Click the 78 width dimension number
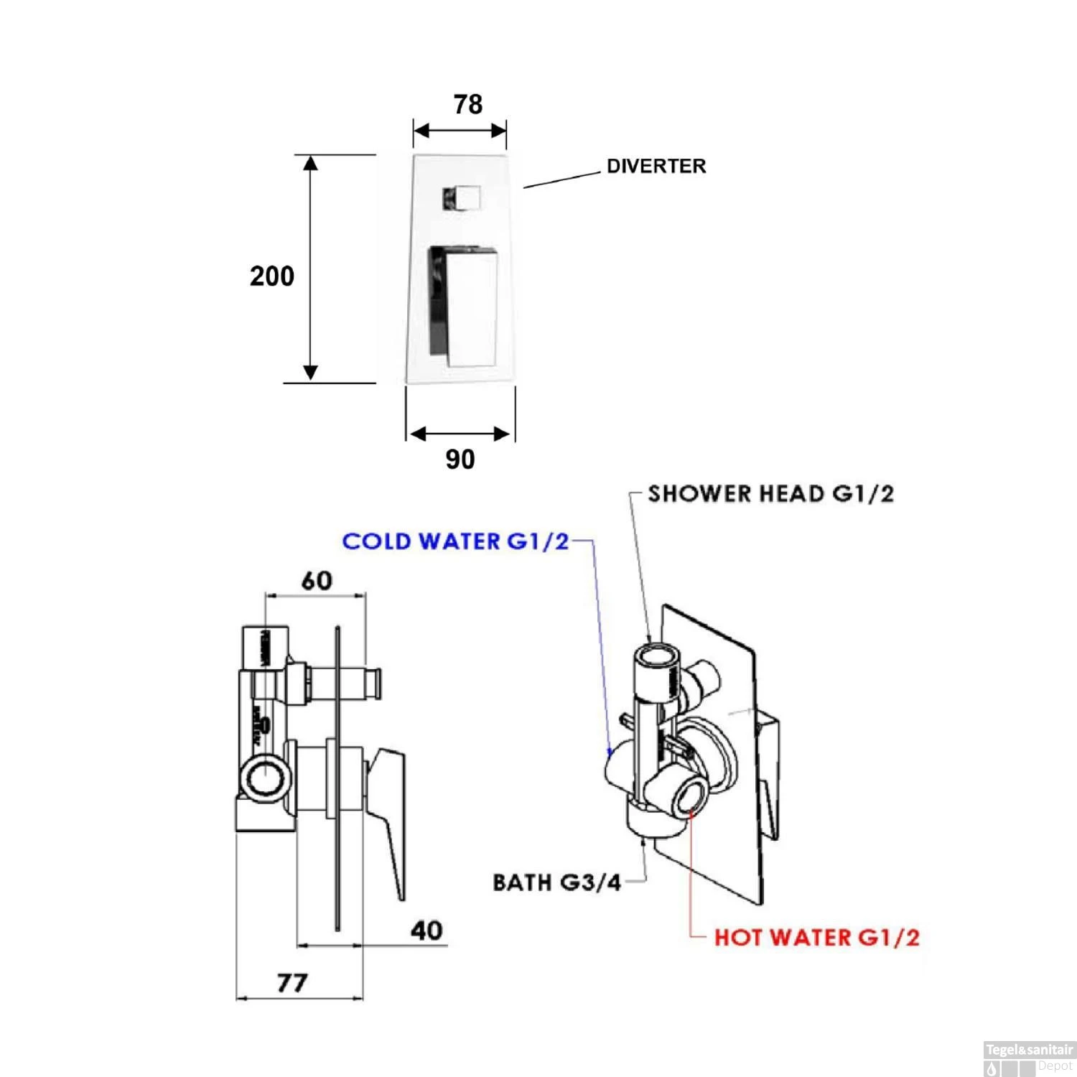click(x=467, y=105)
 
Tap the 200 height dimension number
click(x=272, y=276)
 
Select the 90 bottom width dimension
click(x=460, y=460)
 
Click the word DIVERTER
click(x=656, y=167)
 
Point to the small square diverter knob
click(x=461, y=197)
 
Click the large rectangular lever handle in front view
click(x=464, y=305)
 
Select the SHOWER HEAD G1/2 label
click(x=770, y=494)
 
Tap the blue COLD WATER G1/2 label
click(x=455, y=541)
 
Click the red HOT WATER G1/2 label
click(x=816, y=938)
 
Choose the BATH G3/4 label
click(x=556, y=882)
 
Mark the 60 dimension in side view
click(x=317, y=580)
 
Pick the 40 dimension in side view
click(x=426, y=931)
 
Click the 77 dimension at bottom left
click(x=292, y=982)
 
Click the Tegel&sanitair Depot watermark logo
click(x=1029, y=1058)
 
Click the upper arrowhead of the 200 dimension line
click(x=310, y=163)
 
